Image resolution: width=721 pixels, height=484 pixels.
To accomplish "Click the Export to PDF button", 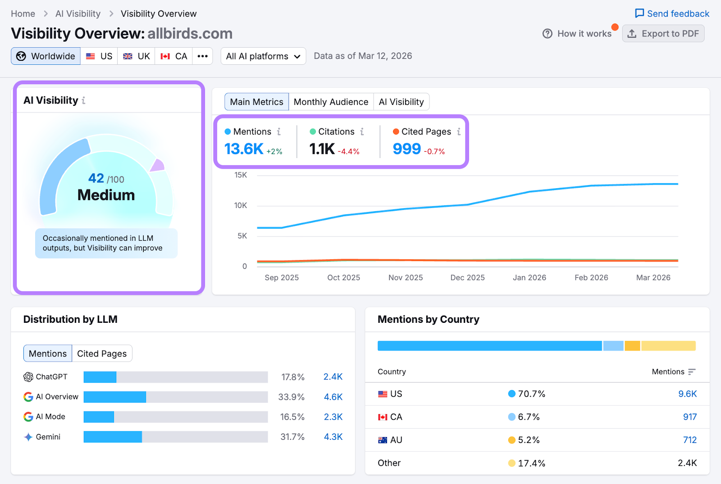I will (x=663, y=34).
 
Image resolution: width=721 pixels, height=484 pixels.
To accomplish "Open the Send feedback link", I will (x=672, y=14).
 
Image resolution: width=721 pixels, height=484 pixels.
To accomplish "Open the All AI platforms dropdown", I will (x=263, y=56).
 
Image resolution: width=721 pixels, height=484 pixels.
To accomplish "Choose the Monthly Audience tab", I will (x=331, y=102).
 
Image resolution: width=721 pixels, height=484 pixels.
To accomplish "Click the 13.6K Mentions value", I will (x=243, y=149).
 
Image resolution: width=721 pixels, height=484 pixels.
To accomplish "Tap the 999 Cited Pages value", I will (x=406, y=149).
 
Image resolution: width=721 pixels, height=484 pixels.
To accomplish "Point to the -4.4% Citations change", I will (x=348, y=152).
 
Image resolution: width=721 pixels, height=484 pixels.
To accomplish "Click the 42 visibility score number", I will (x=96, y=178).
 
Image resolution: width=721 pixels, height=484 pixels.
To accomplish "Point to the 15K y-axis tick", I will (x=241, y=175).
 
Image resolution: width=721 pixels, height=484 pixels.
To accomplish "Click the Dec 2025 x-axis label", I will (x=467, y=278).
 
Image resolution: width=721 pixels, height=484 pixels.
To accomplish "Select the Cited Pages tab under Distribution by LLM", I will (x=102, y=353).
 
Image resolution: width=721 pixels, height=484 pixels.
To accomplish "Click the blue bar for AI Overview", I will (x=115, y=397).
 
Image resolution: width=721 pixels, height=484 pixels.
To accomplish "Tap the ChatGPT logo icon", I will (x=28, y=377).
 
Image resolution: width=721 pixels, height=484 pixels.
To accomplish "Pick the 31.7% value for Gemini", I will (x=292, y=437).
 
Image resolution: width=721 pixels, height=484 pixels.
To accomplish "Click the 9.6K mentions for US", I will (x=687, y=394).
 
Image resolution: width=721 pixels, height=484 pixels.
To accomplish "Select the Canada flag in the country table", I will (x=383, y=417).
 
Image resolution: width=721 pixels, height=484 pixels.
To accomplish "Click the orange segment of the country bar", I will (x=632, y=346).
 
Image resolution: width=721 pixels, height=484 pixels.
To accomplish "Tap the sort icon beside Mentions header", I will (x=692, y=372).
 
